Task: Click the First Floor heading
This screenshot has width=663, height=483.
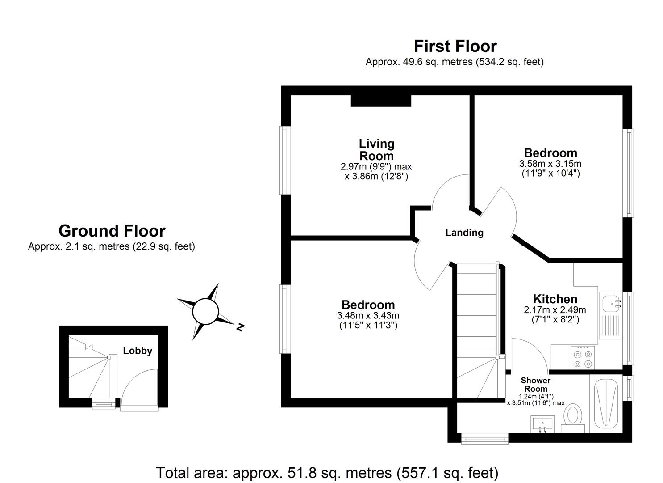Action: tap(455, 46)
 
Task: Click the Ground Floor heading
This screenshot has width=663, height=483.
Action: tap(112, 231)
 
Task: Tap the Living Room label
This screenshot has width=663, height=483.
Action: tap(377, 150)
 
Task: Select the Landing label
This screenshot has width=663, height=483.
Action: tap(464, 233)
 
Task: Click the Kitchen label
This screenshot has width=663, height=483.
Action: tap(555, 299)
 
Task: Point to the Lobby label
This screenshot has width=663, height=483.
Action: tap(138, 351)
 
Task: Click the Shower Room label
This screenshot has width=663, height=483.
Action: tap(536, 385)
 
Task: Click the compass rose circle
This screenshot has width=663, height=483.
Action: tap(205, 311)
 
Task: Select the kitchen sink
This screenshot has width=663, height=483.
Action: tap(609, 304)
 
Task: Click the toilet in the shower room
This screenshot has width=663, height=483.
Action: tap(573, 417)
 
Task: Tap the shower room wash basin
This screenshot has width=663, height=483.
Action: tap(542, 423)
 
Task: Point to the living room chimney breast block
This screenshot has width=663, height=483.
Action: tap(380, 101)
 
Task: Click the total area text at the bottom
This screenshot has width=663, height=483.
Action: tap(327, 472)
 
